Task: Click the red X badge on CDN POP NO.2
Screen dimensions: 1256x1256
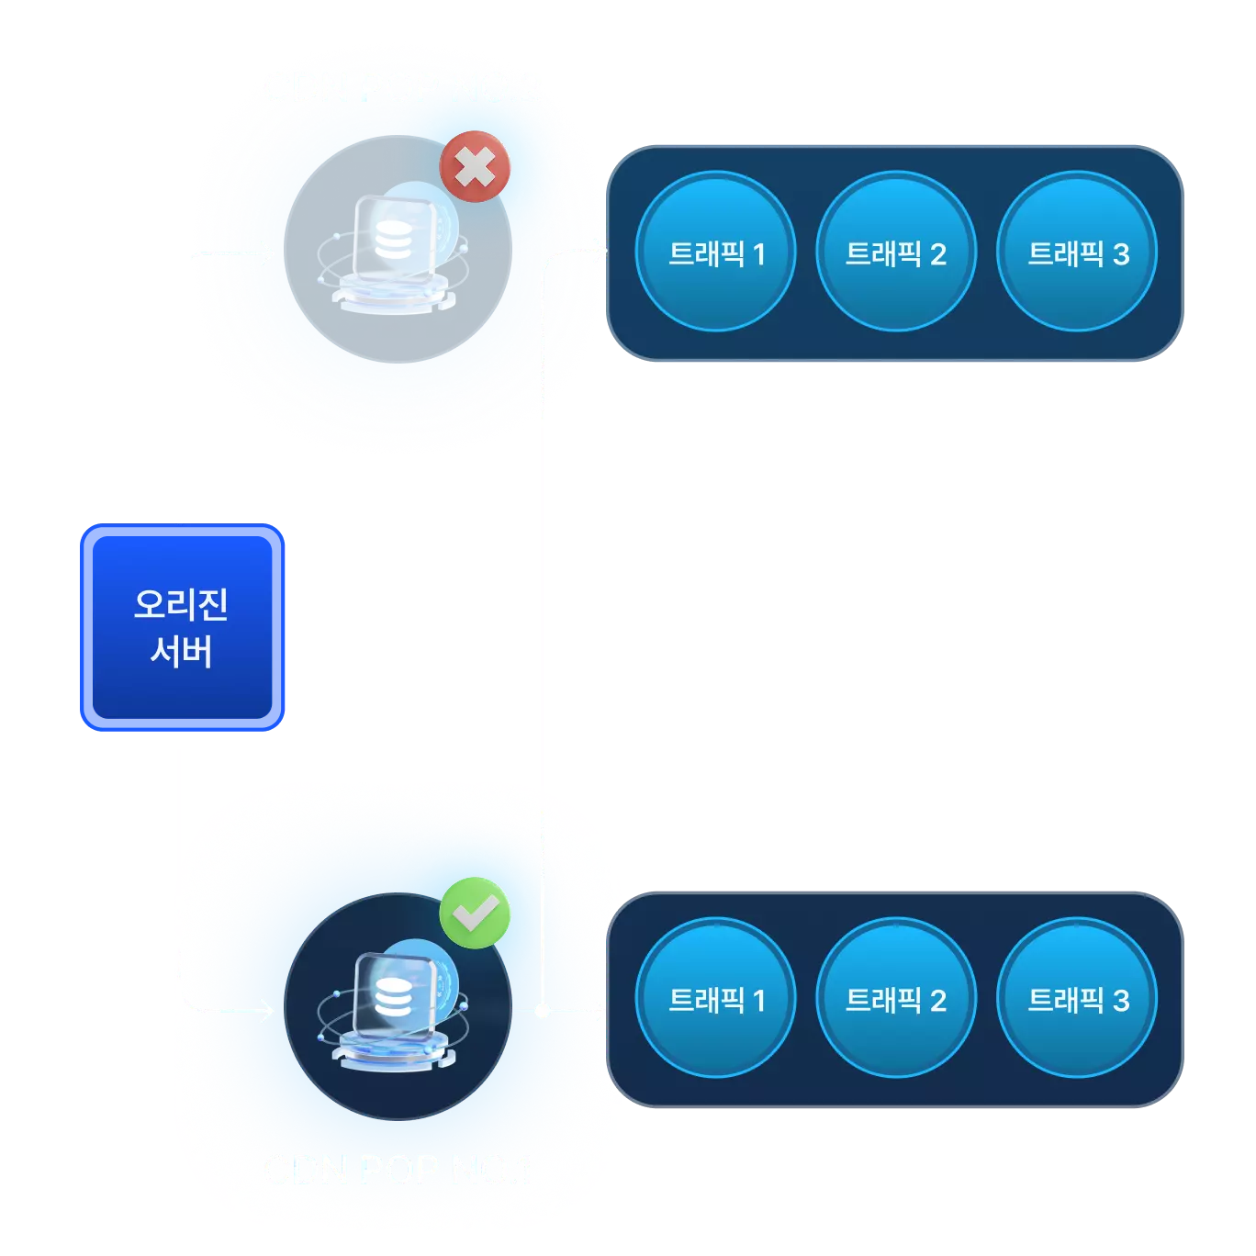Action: click(x=475, y=167)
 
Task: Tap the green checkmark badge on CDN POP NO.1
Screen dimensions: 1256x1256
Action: click(x=475, y=913)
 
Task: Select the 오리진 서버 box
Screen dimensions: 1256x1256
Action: click(x=182, y=628)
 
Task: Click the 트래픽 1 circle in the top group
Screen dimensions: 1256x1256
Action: click(x=715, y=252)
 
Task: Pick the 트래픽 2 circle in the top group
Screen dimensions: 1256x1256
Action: click(x=895, y=252)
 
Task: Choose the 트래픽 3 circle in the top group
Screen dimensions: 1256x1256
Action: click(x=1077, y=252)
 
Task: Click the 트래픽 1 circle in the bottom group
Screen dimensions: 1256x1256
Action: click(x=715, y=998)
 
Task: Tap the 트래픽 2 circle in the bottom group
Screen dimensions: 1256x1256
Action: click(x=895, y=998)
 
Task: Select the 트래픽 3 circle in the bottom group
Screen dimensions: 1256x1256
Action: click(x=1077, y=998)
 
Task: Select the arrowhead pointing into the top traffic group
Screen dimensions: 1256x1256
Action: click(x=599, y=252)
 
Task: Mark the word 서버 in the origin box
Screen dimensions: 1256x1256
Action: click(x=182, y=652)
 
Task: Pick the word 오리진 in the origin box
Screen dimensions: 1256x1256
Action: click(x=182, y=604)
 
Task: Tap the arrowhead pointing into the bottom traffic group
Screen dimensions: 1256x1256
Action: click(x=599, y=1012)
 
